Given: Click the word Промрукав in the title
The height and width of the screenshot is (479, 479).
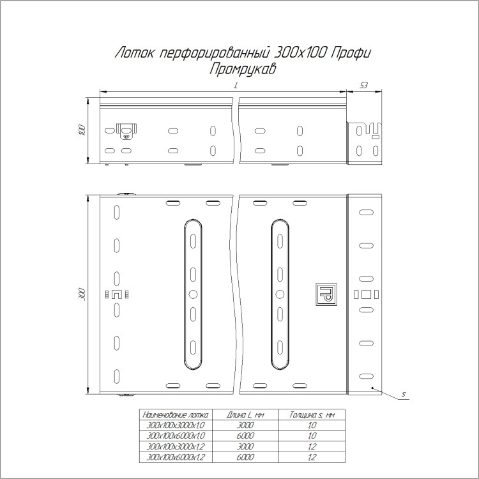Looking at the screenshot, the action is (x=243, y=69).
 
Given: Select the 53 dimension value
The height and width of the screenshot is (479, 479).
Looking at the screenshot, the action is (x=363, y=86).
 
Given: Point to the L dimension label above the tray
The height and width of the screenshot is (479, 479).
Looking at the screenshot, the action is (x=236, y=86).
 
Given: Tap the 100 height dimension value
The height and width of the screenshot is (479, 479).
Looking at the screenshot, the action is (x=82, y=130).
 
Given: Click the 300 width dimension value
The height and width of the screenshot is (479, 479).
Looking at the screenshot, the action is (x=82, y=294).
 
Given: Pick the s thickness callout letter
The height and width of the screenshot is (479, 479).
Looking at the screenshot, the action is (x=404, y=394).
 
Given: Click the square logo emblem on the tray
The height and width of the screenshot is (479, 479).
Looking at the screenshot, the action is (x=326, y=294).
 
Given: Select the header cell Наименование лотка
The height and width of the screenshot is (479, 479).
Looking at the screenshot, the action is (x=176, y=414).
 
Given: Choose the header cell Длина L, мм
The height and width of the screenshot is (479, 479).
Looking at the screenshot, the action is (x=245, y=414).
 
